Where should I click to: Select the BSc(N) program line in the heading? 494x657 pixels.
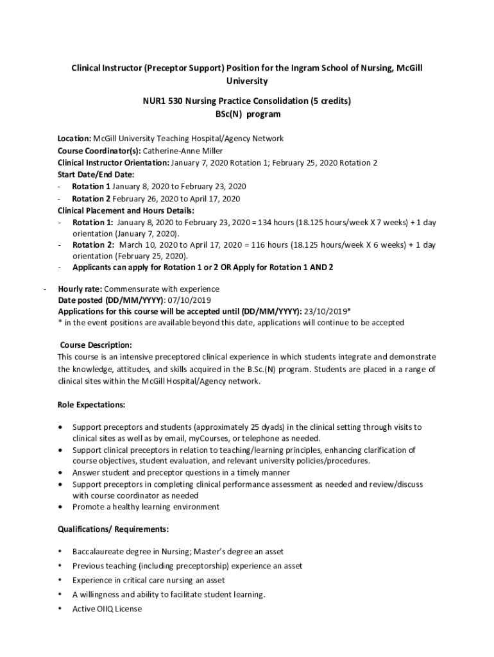click(x=247, y=114)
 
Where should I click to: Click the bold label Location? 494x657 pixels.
click(x=74, y=139)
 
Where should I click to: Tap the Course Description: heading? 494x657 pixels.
click(x=96, y=345)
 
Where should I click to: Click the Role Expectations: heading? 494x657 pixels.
click(x=91, y=405)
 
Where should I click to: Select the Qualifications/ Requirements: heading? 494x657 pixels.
click(x=113, y=529)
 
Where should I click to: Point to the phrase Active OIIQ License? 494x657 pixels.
click(x=107, y=608)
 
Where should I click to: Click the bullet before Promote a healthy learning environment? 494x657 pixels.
click(x=60, y=507)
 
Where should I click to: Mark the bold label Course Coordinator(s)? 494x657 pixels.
click(x=99, y=151)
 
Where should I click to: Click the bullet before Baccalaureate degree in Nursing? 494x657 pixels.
click(x=60, y=552)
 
